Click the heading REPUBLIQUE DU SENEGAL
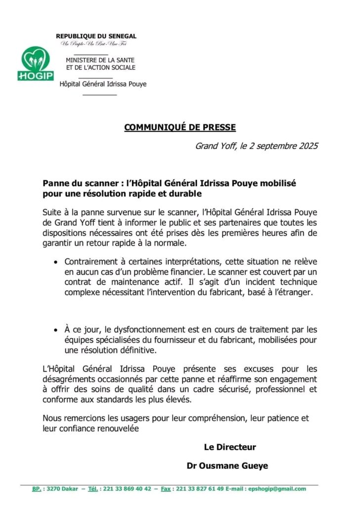click(96, 36)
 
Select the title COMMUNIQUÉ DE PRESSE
click(180, 127)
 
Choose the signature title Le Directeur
click(230, 447)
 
